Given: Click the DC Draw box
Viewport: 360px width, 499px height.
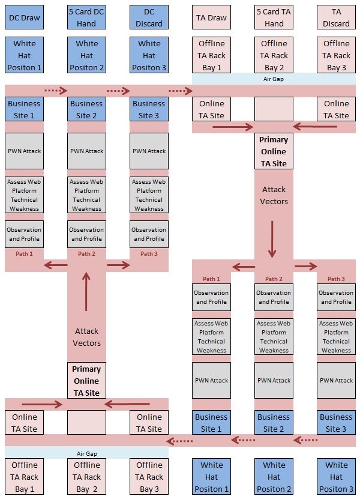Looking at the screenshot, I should click(24, 18).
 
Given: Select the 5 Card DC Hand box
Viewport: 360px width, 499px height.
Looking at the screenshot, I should click(86, 18).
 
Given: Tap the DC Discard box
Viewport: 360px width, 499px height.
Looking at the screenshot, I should click(149, 18).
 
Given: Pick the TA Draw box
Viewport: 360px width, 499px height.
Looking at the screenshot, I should click(211, 18).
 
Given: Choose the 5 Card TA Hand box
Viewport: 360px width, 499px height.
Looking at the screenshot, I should click(274, 18).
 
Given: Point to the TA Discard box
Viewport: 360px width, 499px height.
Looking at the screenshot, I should click(336, 18).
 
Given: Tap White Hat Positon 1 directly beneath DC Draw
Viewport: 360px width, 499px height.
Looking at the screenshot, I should click(24, 55).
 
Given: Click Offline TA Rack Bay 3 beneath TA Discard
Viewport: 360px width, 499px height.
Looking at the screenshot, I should click(336, 55).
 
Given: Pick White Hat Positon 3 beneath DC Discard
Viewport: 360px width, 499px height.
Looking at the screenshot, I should click(149, 55).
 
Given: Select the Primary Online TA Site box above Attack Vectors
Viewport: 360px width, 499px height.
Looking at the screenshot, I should click(274, 151).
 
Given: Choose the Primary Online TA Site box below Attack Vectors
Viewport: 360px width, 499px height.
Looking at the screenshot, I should click(86, 381).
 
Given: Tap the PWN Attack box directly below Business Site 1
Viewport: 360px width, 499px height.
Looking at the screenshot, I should click(24, 151).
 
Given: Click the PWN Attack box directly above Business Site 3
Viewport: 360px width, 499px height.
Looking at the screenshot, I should click(336, 380).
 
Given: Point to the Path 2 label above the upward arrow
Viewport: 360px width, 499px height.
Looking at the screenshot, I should click(86, 253).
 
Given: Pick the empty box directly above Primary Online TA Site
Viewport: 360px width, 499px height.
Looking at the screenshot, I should click(274, 109).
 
